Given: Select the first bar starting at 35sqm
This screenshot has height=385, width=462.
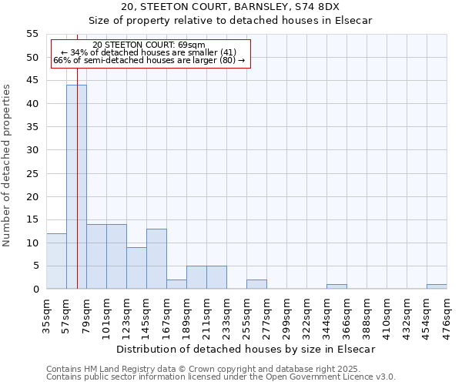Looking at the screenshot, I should [56, 261].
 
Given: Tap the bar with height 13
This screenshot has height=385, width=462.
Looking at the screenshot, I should [156, 259].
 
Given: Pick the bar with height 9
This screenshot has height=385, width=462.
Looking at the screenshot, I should [136, 268].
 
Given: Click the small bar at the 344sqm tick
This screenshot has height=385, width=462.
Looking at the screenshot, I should [336, 286].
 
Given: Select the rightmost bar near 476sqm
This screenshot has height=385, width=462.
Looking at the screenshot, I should [437, 286].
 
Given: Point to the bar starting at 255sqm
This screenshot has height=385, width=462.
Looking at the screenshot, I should [256, 284].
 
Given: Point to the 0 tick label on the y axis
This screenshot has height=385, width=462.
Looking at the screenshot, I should [35, 290].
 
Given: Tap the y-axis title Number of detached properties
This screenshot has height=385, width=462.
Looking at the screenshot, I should [8, 165].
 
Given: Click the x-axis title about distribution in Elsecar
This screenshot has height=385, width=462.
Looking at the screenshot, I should [246, 349].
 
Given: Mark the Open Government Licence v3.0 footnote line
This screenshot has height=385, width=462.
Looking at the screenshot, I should [221, 377].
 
